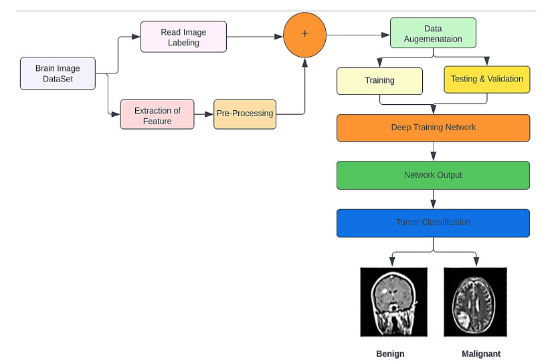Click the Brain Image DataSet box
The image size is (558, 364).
click(58, 73)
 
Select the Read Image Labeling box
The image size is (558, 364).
click(183, 37)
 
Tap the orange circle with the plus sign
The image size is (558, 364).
click(304, 34)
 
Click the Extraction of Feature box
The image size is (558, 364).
click(157, 114)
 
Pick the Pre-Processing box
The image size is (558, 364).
click(244, 114)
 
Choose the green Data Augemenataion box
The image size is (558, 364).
click(433, 34)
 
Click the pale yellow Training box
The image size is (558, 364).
click(379, 80)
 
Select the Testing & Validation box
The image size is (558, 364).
click(486, 79)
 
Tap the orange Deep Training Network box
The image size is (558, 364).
click(433, 128)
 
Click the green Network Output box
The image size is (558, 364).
click(433, 175)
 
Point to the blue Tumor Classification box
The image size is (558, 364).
click(433, 222)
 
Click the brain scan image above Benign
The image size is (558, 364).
click(393, 302)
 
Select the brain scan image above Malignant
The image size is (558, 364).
click(475, 302)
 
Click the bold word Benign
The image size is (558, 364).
click(391, 353)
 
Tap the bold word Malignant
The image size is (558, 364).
click(480, 353)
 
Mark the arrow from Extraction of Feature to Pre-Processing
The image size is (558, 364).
click(203, 114)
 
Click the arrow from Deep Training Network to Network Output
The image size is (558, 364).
click(433, 151)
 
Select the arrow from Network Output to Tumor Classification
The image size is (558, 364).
click(433, 199)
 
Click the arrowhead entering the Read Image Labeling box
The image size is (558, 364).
click(136, 37)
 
